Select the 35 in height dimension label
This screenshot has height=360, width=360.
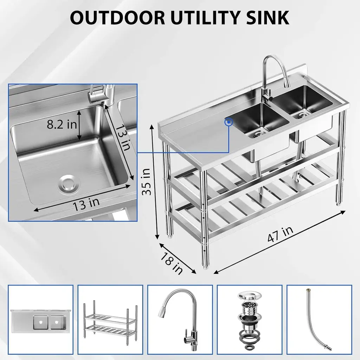[x=146, y=182]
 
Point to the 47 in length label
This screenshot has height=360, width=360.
[x=280, y=234]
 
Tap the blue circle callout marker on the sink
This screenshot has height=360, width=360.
[x=229, y=122]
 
